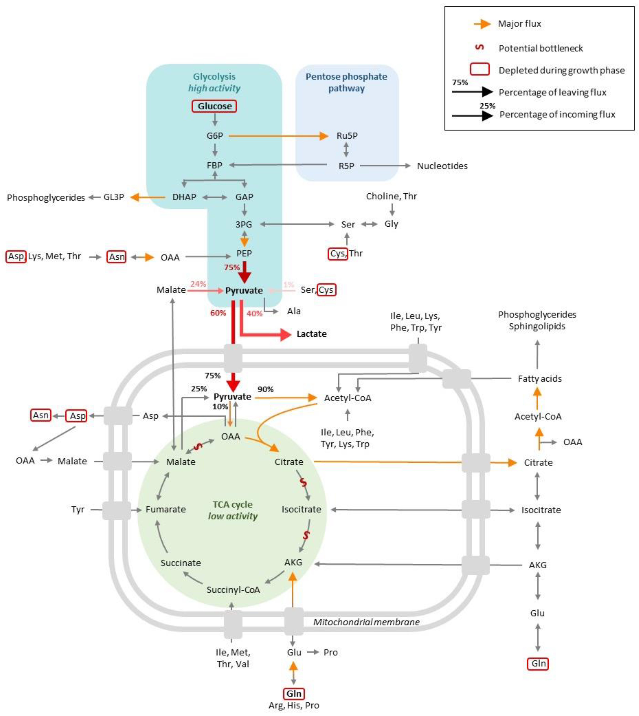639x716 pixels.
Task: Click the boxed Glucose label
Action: coord(214,106)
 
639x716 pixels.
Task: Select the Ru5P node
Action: coord(347,136)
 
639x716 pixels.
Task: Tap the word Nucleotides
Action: coord(442,166)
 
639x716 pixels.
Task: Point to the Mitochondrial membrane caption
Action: coord(366,622)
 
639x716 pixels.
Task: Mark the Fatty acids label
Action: coord(540,379)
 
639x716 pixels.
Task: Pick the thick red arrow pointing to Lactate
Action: coord(267,334)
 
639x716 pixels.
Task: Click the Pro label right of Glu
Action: coord(330,652)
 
